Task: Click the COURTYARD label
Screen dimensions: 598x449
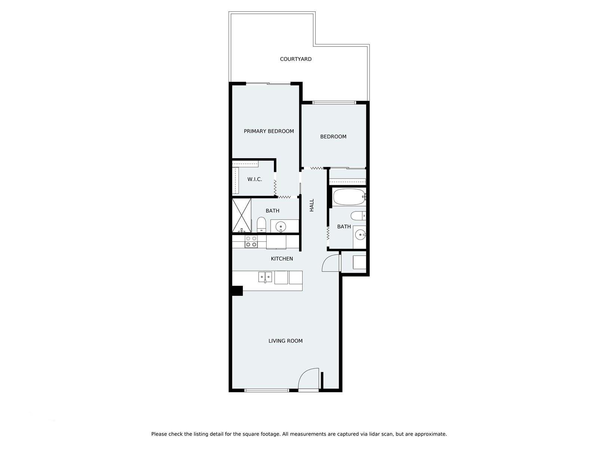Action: tap(296, 59)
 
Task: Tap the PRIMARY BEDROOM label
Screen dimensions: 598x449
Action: tap(269, 131)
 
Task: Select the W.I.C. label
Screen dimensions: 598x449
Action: tap(255, 179)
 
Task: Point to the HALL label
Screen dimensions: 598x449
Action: tap(312, 205)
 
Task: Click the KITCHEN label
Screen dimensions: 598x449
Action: tap(282, 259)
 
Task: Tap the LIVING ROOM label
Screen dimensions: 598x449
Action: tap(285, 341)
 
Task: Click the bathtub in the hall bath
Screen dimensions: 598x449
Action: tap(349, 197)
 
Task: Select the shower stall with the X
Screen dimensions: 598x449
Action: tap(241, 216)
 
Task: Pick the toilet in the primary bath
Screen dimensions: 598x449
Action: tap(261, 224)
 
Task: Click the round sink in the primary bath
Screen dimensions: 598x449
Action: tap(281, 226)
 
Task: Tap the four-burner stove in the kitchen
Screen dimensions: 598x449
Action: tap(251, 242)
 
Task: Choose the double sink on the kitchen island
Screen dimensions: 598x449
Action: tap(265, 277)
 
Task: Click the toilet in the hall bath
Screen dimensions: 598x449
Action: tap(358, 216)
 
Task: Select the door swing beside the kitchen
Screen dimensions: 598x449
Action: tap(331, 263)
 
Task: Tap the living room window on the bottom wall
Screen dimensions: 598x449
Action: tap(266, 390)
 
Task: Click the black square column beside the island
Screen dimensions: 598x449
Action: tap(237, 291)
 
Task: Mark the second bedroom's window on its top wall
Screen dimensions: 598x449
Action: tap(334, 103)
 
